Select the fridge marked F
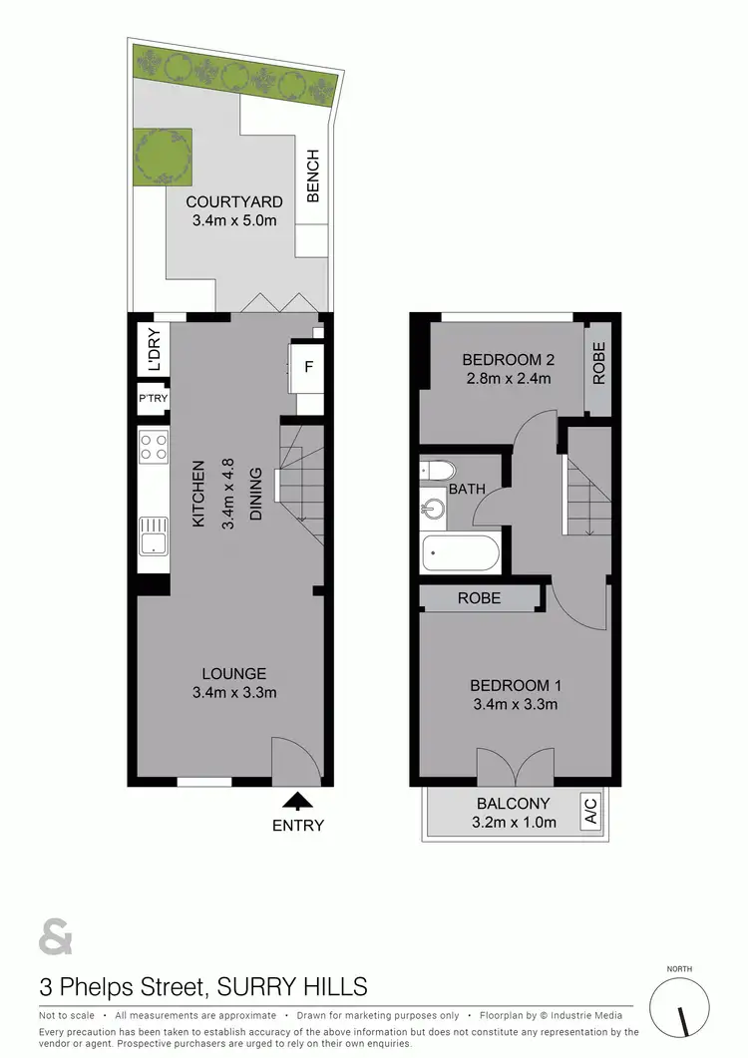coord(308,366)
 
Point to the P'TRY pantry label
coord(153,400)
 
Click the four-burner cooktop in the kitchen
coord(154,446)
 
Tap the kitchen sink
coord(153,535)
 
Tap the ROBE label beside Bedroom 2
coord(598,365)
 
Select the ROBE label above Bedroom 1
coord(479,598)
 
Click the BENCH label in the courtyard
coord(312,176)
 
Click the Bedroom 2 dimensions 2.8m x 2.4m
coord(509,378)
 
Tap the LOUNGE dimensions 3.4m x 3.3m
coord(232,693)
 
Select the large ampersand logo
coord(56,938)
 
